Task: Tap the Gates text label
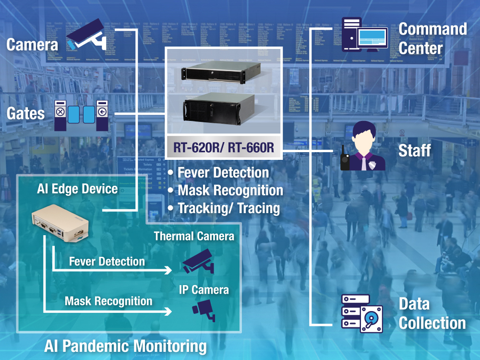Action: click(25, 113)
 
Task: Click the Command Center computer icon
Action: click(365, 35)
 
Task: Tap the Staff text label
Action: click(415, 151)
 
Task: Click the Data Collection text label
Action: click(431, 313)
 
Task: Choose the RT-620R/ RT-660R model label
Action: click(224, 148)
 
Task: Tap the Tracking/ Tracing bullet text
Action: click(228, 208)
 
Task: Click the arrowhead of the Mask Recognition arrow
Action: click(168, 312)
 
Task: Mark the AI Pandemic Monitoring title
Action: click(125, 346)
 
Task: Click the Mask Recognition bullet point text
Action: click(230, 191)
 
